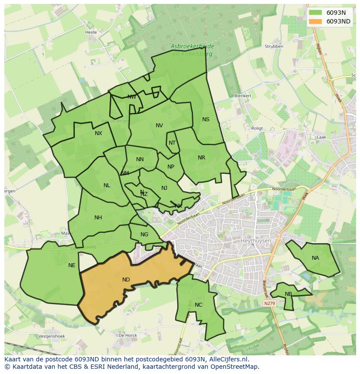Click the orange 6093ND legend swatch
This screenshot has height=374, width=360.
tap(316, 21)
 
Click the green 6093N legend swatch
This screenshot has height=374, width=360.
tap(316, 13)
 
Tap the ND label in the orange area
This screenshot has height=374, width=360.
tap(126, 280)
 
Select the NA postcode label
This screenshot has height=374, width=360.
tap(315, 258)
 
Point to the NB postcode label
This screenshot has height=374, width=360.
tap(288, 294)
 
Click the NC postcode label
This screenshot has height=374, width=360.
tap(198, 305)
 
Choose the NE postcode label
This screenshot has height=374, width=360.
tap(72, 265)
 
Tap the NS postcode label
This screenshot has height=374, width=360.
tap(206, 119)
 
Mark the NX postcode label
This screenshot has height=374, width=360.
tap(98, 133)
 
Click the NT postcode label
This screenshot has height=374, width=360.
tap(172, 143)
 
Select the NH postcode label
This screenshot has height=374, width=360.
tap(98, 218)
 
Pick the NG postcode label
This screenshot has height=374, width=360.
tap(144, 235)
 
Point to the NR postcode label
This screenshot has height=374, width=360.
tap(201, 158)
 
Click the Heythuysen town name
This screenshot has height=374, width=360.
tap(256, 241)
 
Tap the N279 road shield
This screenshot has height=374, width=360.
tap(270, 303)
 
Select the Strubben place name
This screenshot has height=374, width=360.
tap(274, 46)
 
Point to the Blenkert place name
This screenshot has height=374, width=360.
tap(243, 96)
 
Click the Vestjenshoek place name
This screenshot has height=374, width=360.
tap(51, 336)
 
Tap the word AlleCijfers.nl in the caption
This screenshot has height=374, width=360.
tap(229, 359)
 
